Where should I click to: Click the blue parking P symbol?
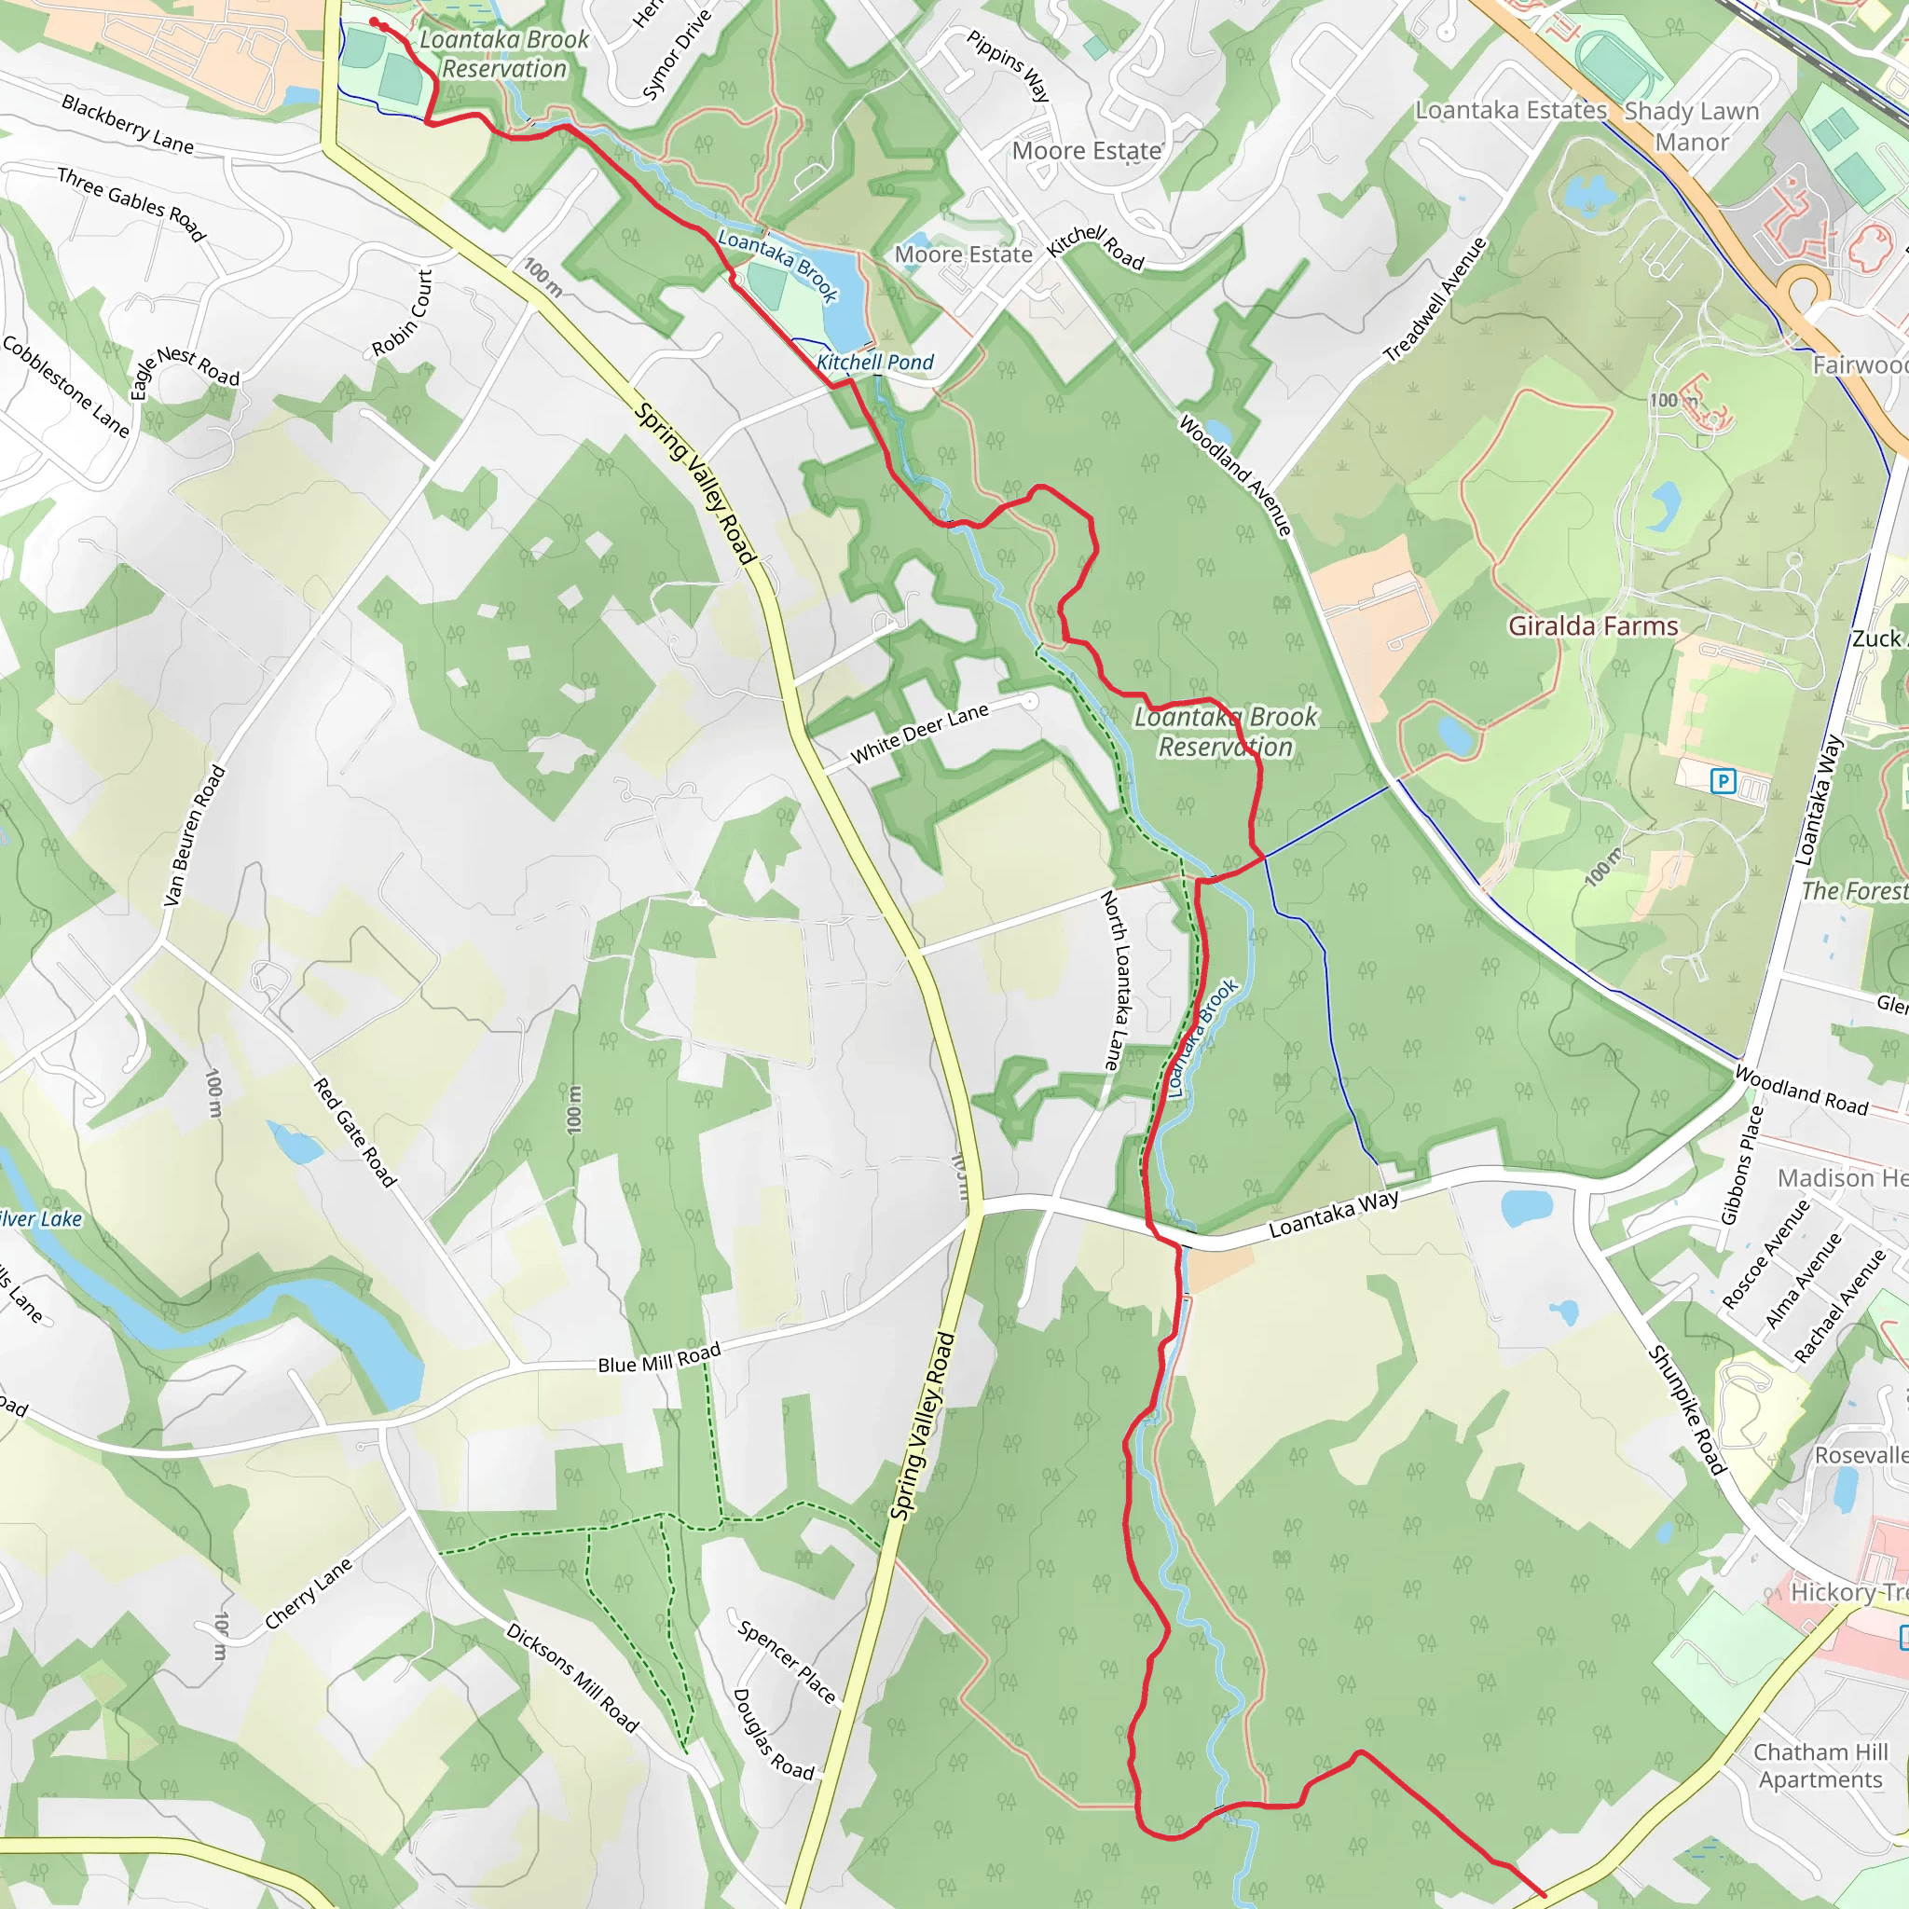pos(1723,781)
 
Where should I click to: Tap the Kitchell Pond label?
pos(874,363)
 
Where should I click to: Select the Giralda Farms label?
pos(1593,626)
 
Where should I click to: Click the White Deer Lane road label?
pos(919,734)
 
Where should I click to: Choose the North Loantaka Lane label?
pos(1114,981)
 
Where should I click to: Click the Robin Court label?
pos(403,313)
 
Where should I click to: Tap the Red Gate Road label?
pos(355,1133)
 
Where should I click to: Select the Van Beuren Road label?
pos(195,836)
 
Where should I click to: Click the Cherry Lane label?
pos(309,1594)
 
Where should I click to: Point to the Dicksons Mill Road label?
pos(572,1677)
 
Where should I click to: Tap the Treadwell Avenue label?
pos(1435,299)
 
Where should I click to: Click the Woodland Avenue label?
pos(1235,475)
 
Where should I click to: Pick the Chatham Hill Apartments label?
pos(1820,1765)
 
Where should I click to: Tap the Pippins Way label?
pos(1008,65)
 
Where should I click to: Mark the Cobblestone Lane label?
pos(66,386)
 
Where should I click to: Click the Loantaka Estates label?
pos(1511,110)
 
